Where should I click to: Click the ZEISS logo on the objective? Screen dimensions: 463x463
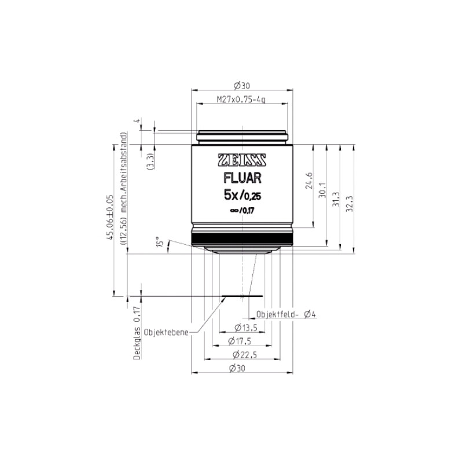[x=242, y=160]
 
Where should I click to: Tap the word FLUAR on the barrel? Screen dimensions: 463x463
[x=242, y=178]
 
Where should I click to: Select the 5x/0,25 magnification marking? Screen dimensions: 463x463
[x=242, y=195]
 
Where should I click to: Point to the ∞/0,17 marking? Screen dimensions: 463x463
[x=242, y=211]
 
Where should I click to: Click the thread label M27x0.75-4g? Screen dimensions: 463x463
[x=241, y=99]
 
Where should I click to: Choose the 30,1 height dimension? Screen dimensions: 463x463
[x=322, y=190]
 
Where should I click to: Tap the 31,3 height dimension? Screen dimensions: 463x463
[x=336, y=199]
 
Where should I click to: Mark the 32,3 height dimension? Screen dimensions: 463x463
[x=350, y=203]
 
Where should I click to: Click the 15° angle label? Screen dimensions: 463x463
[x=160, y=241]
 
